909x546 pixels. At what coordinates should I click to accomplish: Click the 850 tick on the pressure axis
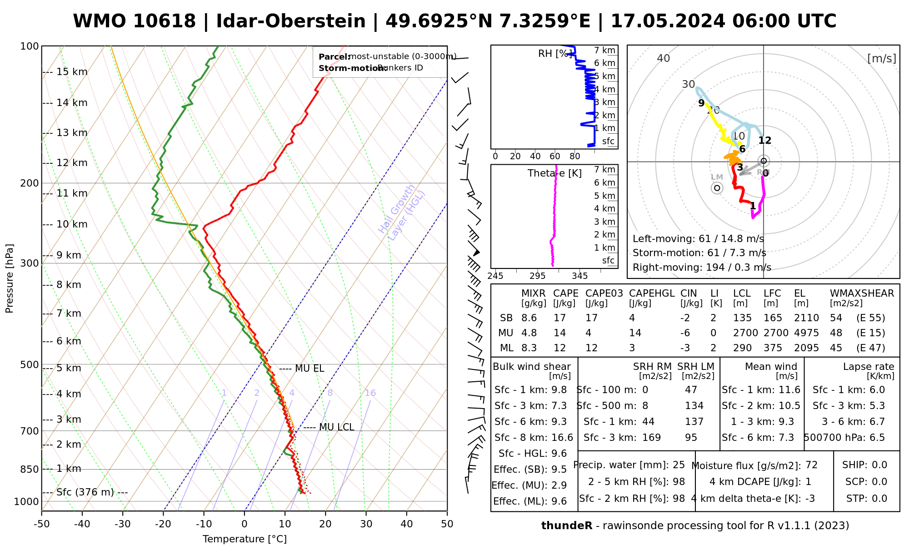pos(30,469)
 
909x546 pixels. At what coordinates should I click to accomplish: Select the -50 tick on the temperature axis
pos(41,524)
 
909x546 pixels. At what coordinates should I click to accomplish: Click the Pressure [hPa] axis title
pos(10,278)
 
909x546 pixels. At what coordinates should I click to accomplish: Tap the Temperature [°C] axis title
pos(245,539)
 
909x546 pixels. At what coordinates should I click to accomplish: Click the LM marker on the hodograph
pos(717,187)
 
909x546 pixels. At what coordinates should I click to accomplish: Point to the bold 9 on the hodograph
pos(701,103)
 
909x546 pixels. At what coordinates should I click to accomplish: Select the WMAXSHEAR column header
pos(862,293)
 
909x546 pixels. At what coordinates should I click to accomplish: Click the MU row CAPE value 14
pos(559,333)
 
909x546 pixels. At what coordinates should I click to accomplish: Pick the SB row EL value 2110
pos(806,318)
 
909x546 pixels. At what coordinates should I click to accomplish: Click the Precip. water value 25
pos(679,465)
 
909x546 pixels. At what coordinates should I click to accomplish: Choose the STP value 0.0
pos(879,499)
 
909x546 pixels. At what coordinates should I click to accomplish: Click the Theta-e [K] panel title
pos(554,173)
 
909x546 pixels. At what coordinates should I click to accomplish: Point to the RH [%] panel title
pos(554,54)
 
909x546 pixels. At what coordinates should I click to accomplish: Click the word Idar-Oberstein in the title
pos(291,21)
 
